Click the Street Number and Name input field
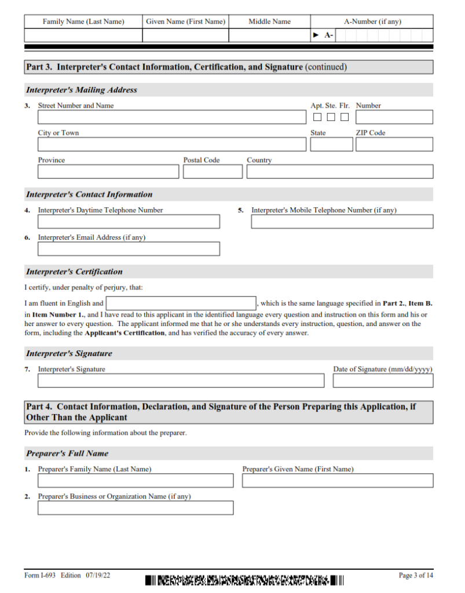coord(171,117)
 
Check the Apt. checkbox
coord(317,117)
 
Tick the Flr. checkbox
coord(345,117)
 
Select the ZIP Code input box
coord(394,144)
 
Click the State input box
coord(331,144)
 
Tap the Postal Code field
coord(213,171)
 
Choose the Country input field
coord(339,171)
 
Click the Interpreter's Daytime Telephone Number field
coord(129,222)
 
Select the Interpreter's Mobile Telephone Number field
coord(342,222)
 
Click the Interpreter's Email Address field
coord(129,249)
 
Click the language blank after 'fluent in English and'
coord(181,303)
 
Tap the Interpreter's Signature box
coord(181,380)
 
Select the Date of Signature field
coord(383,380)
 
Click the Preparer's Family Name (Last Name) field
coord(136,481)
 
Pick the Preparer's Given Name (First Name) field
coord(337,481)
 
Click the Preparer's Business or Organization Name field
coord(136,508)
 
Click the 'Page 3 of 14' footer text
coord(415,576)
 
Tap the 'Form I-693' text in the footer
coord(40,576)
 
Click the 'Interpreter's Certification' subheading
coord(74,272)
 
